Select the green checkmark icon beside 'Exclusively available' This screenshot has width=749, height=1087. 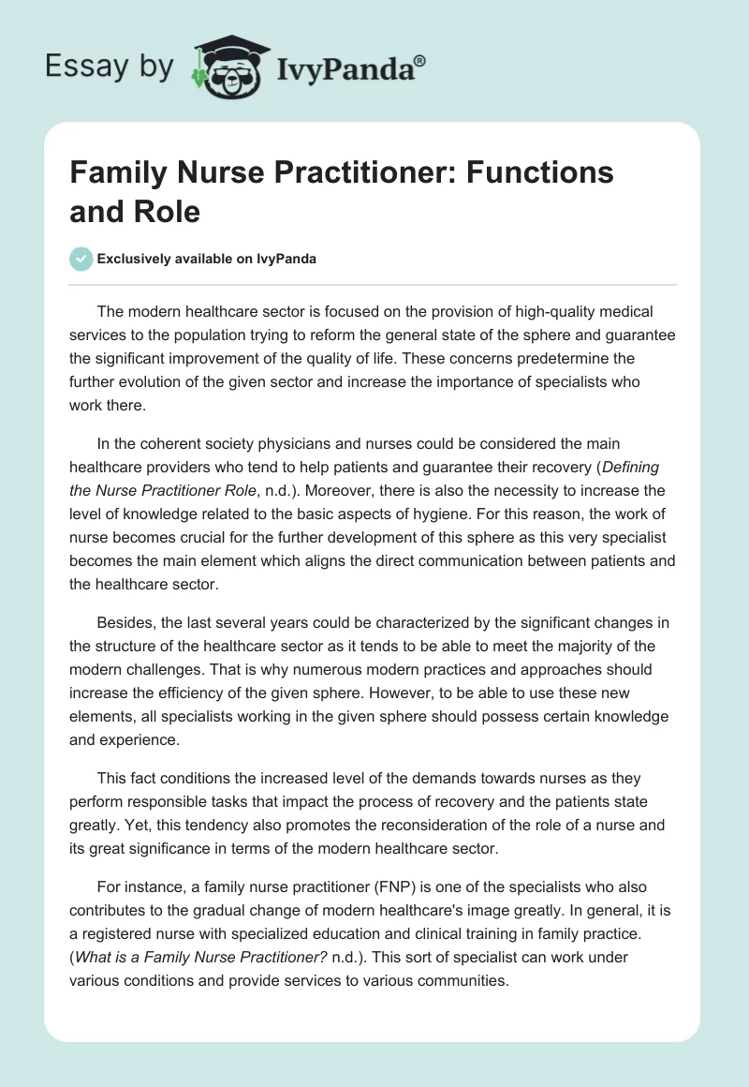click(81, 259)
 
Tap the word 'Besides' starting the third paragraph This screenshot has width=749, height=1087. click(123, 622)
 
